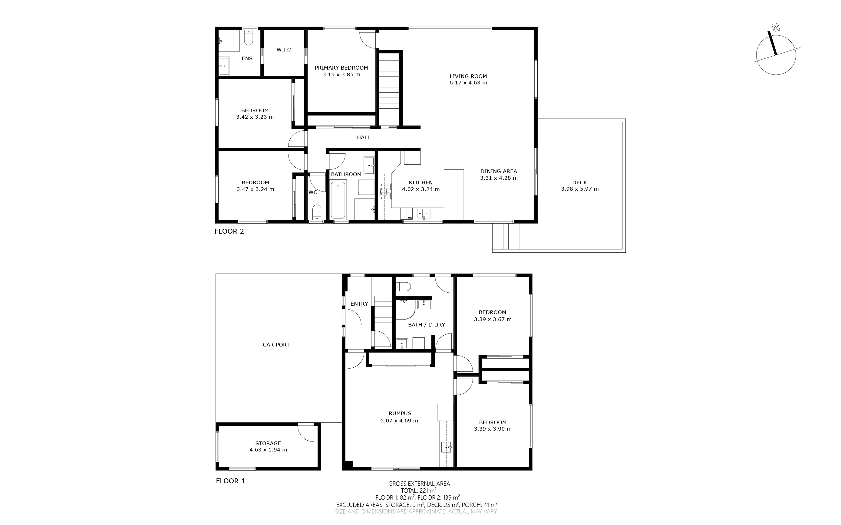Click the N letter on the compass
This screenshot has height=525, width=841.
[775, 28]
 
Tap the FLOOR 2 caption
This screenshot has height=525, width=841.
[229, 231]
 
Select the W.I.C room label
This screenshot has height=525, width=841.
[284, 50]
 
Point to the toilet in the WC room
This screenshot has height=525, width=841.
[316, 212]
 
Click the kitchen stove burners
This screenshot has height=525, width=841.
[385, 191]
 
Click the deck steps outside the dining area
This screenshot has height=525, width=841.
[506, 236]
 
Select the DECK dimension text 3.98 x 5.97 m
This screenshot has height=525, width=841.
[580, 189]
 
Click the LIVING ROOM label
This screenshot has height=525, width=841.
[468, 76]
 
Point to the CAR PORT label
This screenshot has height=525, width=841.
[276, 345]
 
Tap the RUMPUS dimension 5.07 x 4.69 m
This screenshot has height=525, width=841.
[400, 421]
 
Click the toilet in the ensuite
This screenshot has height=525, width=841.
[248, 38]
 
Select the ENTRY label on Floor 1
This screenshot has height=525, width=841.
[359, 304]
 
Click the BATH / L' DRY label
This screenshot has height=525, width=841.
[427, 325]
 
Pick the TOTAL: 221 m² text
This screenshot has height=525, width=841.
[419, 491]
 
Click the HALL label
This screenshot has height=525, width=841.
[364, 137]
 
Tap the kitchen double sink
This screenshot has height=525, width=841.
[424, 214]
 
